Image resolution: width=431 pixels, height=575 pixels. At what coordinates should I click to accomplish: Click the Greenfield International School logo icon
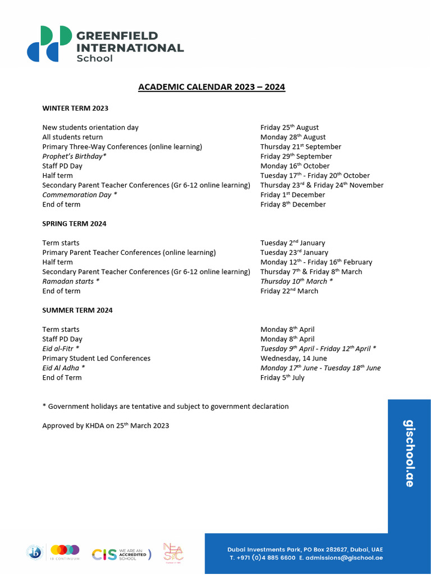coord(49,43)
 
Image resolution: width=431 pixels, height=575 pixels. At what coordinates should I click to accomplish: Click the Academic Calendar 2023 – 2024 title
coord(212,87)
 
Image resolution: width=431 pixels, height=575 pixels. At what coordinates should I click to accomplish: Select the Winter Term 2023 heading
coord(75,108)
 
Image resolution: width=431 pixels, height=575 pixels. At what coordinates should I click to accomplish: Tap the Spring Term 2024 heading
coord(74,223)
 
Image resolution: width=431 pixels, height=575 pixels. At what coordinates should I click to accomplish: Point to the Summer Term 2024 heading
coord(77,310)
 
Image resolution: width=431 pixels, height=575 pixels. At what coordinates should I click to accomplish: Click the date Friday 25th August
coord(289,127)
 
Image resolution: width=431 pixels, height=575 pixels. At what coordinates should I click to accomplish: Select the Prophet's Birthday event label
coord(74,156)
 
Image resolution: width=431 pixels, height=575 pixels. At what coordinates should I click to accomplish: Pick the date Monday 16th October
coord(295,166)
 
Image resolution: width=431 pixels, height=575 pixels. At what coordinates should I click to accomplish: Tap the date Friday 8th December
coord(293,204)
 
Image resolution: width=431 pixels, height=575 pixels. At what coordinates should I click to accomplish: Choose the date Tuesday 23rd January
coord(294,253)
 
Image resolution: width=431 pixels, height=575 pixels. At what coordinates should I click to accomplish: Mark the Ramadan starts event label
coord(71,281)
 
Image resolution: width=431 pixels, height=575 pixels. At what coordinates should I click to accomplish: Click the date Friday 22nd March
coord(289,291)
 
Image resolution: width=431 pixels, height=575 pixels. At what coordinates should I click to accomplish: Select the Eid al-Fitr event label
coord(61,349)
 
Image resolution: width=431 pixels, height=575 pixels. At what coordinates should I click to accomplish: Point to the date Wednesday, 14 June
coord(294,358)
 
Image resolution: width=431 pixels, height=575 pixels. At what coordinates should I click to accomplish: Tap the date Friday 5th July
coord(282,377)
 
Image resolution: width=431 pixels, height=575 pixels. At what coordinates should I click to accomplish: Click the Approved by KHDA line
coord(106,426)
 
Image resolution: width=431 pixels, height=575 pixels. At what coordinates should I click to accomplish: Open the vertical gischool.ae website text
coord(409,453)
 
